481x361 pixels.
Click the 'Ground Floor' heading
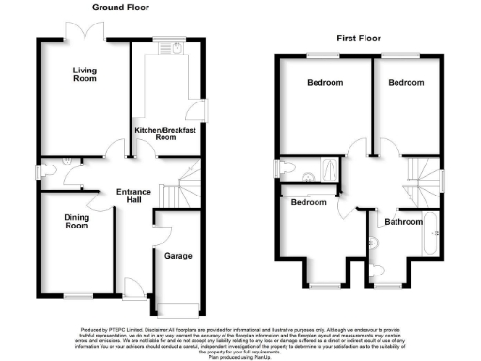click(x=120, y=8)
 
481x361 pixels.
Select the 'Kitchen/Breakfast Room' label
click(x=165, y=133)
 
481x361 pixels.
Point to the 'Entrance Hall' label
click(x=133, y=198)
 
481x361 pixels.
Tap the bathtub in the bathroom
click(x=431, y=237)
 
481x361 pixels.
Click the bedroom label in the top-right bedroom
click(x=406, y=83)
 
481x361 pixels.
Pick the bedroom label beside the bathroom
click(x=308, y=203)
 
